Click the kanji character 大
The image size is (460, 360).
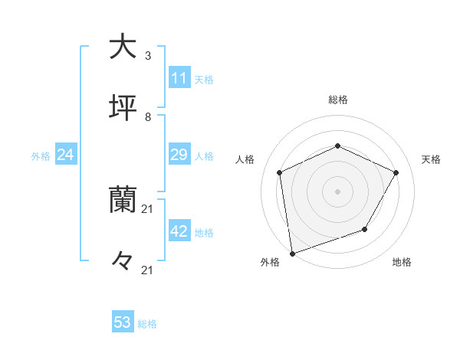pyautogui.click(x=123, y=47)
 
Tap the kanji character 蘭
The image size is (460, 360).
pyautogui.click(x=123, y=200)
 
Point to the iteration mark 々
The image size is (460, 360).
pyautogui.click(x=123, y=261)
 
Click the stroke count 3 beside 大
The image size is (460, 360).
pyautogui.click(x=148, y=56)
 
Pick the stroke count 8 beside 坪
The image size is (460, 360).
pyautogui.click(x=148, y=117)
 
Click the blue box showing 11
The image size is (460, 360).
pyautogui.click(x=179, y=78)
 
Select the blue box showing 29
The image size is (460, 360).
pyautogui.click(x=179, y=155)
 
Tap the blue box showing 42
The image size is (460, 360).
pyautogui.click(x=179, y=232)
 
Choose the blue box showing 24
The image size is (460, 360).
pyautogui.click(x=65, y=155)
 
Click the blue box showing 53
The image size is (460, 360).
pyautogui.click(x=123, y=322)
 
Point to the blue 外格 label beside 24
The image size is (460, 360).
pyautogui.click(x=41, y=156)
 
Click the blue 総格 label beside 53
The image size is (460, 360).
pyautogui.click(x=147, y=324)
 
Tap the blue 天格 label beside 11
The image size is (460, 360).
pyautogui.click(x=204, y=80)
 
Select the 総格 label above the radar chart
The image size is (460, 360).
pyautogui.click(x=338, y=100)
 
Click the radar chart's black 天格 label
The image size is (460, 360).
pyautogui.click(x=431, y=159)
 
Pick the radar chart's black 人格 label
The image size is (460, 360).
pyautogui.click(x=245, y=159)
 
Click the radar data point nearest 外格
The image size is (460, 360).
pyautogui.click(x=292, y=253)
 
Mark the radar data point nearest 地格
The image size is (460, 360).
pyautogui.click(x=365, y=229)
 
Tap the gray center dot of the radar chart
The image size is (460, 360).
pyautogui.click(x=337, y=191)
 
